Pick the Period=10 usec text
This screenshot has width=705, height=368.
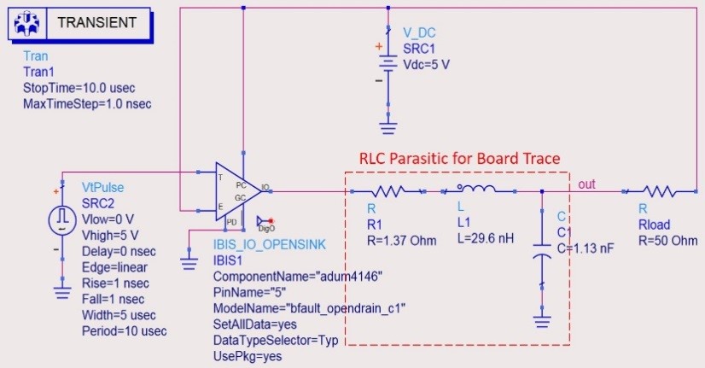[124, 330]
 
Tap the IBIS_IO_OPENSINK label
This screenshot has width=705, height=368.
[268, 244]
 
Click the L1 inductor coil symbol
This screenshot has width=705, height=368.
[475, 190]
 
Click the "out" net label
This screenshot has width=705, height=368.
[586, 184]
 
